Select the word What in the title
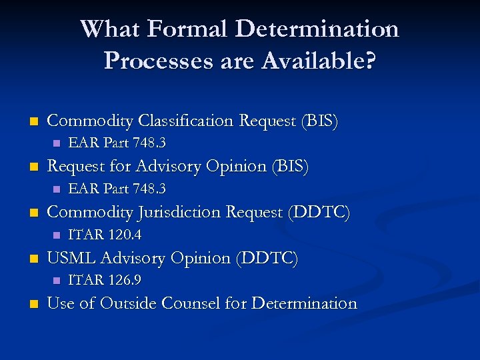109,29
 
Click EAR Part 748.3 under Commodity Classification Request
117,143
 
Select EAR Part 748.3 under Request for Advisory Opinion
117,189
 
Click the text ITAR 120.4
105,235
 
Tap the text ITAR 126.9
105,280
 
